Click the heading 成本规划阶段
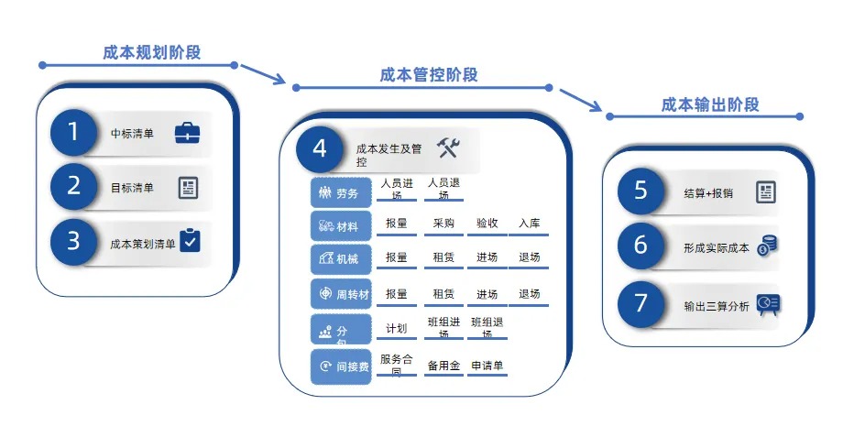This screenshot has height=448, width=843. point(151,52)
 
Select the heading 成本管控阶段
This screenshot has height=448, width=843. point(429,75)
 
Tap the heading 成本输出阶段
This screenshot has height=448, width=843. point(710,104)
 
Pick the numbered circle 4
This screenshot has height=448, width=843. point(320,149)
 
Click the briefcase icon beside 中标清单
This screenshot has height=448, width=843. point(187,134)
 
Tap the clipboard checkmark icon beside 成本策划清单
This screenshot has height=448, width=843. point(189,240)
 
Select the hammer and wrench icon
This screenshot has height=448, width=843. point(447,147)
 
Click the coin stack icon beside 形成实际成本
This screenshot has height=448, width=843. point(767,246)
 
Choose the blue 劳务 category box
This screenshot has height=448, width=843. point(340,193)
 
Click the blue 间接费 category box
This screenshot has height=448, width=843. point(340,366)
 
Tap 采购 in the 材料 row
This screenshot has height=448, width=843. point(443,223)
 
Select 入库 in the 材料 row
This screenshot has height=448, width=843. point(529,223)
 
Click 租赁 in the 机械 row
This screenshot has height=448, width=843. point(443,257)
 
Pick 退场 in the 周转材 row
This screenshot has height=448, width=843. point(529,294)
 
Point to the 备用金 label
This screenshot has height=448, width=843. point(443,365)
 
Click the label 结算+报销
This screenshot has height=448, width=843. point(708,192)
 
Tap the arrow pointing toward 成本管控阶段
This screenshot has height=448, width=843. point(263,73)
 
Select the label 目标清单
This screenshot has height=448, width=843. point(132,188)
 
